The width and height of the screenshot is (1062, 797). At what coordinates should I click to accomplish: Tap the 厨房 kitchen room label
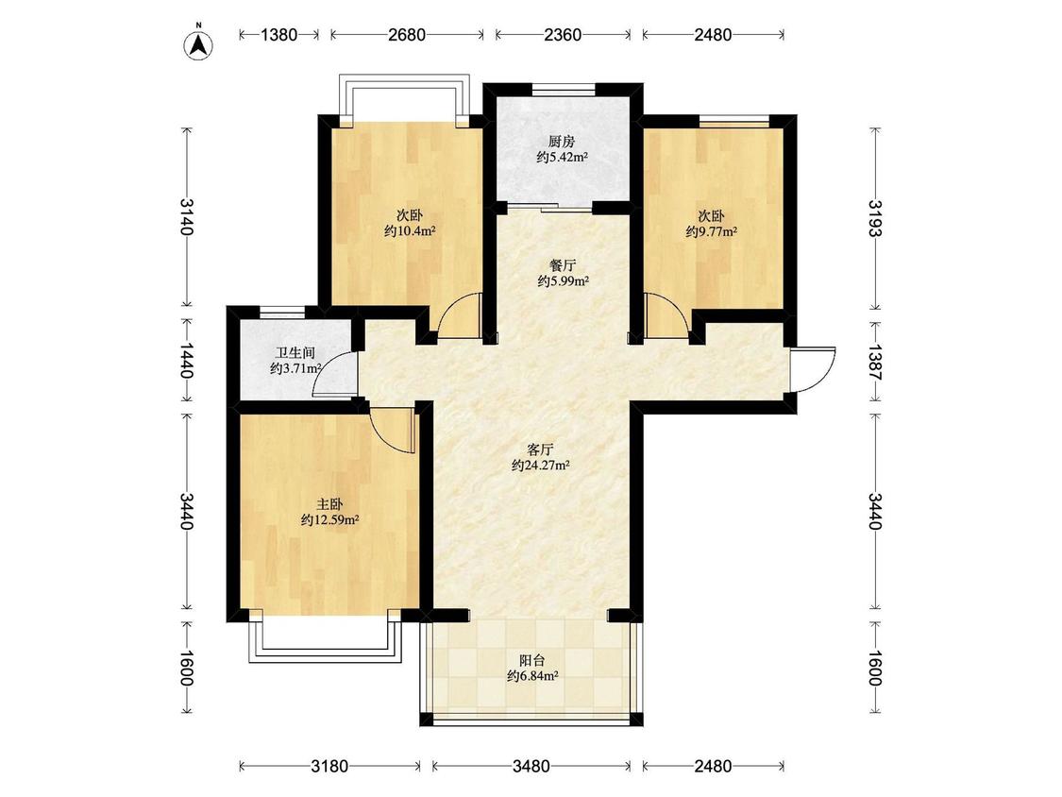pyautogui.click(x=562, y=143)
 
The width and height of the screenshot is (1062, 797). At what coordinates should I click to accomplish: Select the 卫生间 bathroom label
pyautogui.click(x=295, y=353)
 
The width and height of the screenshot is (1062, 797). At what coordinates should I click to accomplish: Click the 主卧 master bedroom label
pyautogui.click(x=329, y=505)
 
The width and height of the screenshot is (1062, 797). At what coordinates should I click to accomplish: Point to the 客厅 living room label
pyautogui.click(x=541, y=449)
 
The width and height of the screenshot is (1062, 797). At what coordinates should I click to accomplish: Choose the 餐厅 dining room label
pyautogui.click(x=563, y=265)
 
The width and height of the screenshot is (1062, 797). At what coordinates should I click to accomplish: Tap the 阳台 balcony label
pyautogui.click(x=532, y=660)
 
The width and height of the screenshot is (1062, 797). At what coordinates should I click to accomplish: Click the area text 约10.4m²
pyautogui.click(x=409, y=231)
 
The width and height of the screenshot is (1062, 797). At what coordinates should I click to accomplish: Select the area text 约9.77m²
pyautogui.click(x=711, y=231)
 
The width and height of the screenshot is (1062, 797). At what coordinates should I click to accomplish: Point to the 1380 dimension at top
pyautogui.click(x=279, y=35)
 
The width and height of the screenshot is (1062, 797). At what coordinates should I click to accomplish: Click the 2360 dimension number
pyautogui.click(x=563, y=35)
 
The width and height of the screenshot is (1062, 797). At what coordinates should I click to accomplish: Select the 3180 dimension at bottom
pyautogui.click(x=329, y=767)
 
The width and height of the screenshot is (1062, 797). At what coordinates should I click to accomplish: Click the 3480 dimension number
pyautogui.click(x=531, y=767)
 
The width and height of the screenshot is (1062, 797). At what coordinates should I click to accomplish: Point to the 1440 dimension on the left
pyautogui.click(x=187, y=362)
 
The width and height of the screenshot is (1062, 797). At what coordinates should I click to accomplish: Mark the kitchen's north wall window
pyautogui.click(x=564, y=89)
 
